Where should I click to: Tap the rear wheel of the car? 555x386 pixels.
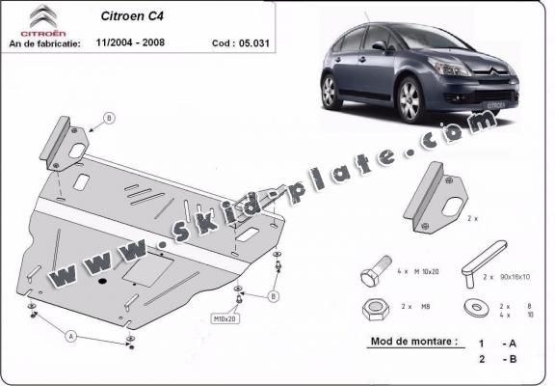pos(330,92)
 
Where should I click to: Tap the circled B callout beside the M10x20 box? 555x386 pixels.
pos(273,296)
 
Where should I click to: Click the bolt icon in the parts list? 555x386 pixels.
pos(375,276)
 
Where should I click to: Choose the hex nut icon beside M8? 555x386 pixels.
pos(375,311)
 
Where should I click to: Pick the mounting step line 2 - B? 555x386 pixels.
pos(496,358)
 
